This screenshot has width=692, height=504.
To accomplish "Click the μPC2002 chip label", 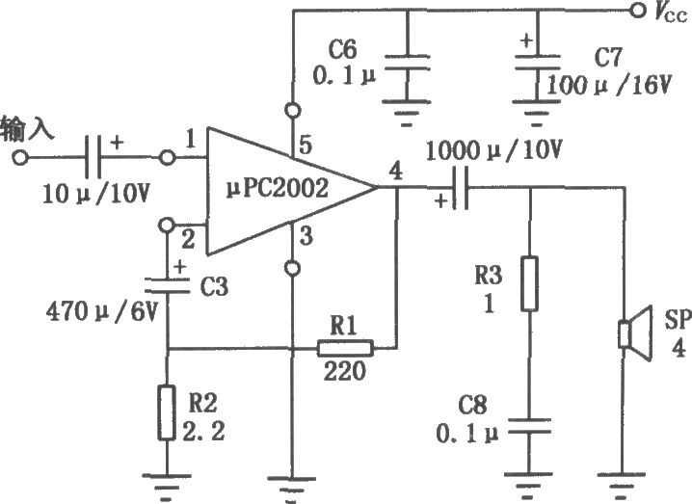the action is tap(278, 189).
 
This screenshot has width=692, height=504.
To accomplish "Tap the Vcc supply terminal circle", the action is tap(637, 10).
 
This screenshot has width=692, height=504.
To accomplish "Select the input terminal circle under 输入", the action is tap(20, 157).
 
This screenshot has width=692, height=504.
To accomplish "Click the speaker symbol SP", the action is tap(635, 333).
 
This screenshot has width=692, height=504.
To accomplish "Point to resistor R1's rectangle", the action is tap(345, 348).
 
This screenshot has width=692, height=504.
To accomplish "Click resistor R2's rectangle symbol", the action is tap(167, 412).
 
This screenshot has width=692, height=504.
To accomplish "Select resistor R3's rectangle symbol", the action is tap(529, 283).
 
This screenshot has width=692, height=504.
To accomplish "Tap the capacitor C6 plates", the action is tap(407, 63).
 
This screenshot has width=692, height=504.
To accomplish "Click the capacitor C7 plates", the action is tap(537, 63).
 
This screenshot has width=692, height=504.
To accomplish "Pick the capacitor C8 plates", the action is tap(529, 426).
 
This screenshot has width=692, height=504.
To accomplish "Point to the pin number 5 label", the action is tap(305, 145).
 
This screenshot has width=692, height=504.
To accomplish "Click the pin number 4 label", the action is tap(396, 172).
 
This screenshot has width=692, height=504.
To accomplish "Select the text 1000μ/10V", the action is tap(493, 150).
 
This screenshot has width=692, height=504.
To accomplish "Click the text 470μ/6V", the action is tap(101, 311).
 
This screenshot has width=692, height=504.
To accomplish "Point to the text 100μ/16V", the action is tap(608, 84).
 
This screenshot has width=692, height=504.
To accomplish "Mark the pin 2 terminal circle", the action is tap(166, 225).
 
